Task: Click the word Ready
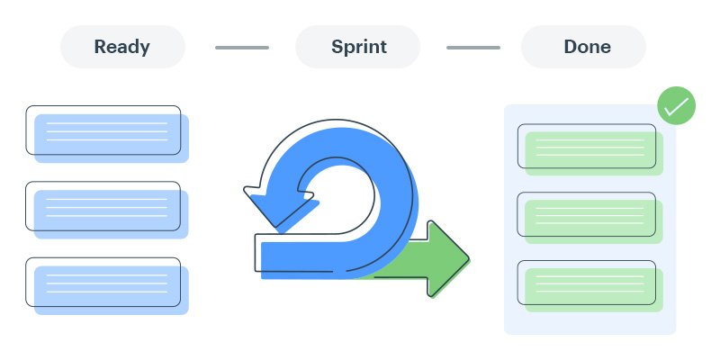click(x=121, y=47)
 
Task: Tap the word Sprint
click(x=357, y=47)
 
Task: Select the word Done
click(x=586, y=47)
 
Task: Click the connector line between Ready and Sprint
click(x=242, y=47)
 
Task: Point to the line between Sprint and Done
click(x=473, y=47)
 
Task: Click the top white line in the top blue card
click(x=107, y=124)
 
